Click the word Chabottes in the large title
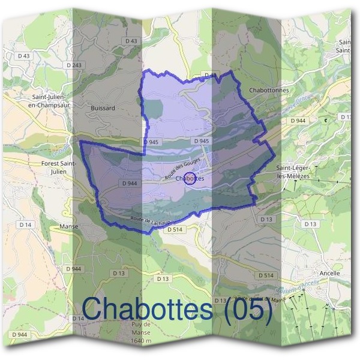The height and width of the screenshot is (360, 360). pyautogui.click(x=148, y=310)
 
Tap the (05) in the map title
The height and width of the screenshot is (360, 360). pyautogui.click(x=247, y=310)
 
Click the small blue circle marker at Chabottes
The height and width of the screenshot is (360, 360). pyautogui.click(x=190, y=178)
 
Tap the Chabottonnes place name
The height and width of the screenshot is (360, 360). pyautogui.click(x=268, y=91)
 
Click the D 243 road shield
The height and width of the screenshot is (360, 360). pyautogui.click(x=74, y=65)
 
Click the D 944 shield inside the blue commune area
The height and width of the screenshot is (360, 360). pyautogui.click(x=130, y=183)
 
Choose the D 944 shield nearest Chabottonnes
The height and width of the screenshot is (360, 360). pyautogui.click(x=298, y=121)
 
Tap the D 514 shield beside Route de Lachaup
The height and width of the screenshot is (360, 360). pyautogui.click(x=174, y=229)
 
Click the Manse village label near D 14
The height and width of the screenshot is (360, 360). pyautogui.click(x=70, y=227)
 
